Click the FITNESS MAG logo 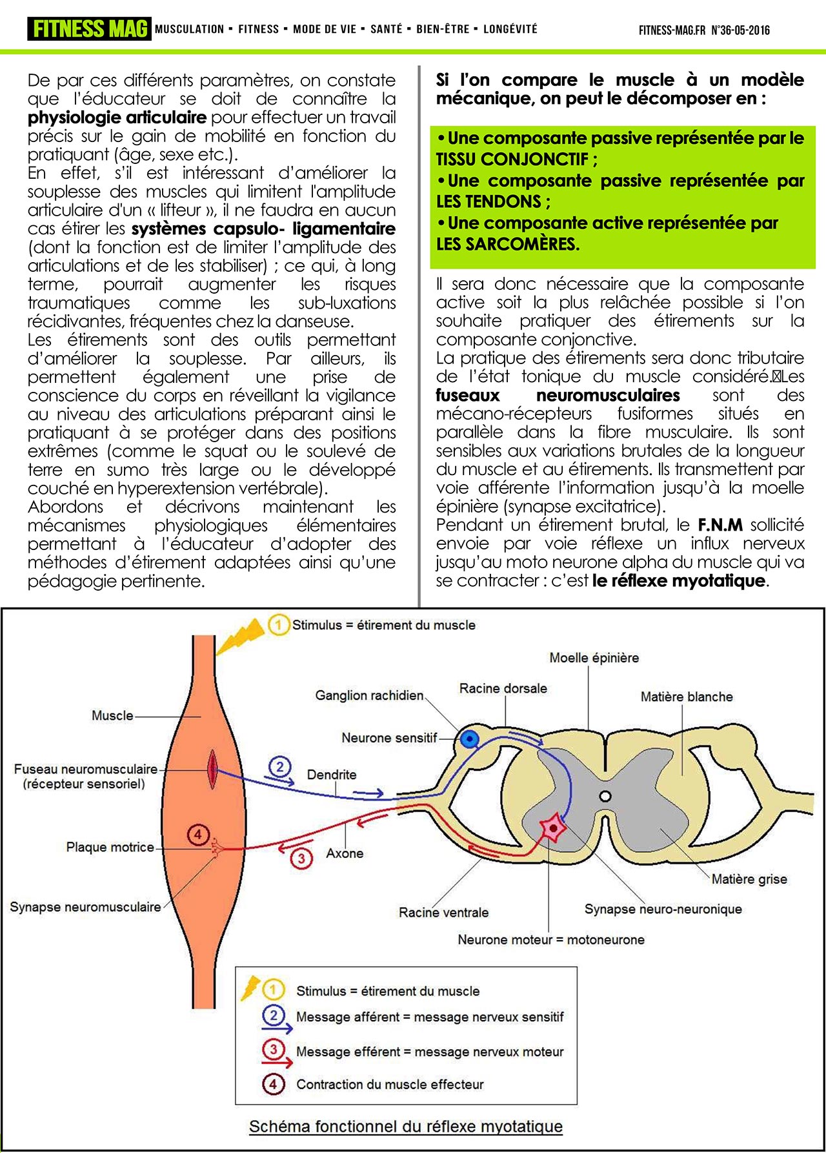pyautogui.click(x=89, y=29)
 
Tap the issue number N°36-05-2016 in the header pyautogui.click(x=740, y=30)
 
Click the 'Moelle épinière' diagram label pyautogui.click(x=594, y=658)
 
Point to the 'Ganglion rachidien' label pyautogui.click(x=369, y=695)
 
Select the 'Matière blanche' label pyautogui.click(x=687, y=697)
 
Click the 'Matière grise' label pyautogui.click(x=749, y=879)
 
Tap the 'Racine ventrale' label pyautogui.click(x=443, y=912)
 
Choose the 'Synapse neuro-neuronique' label pyautogui.click(x=663, y=909)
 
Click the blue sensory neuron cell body pyautogui.click(x=470, y=739)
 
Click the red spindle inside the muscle pyautogui.click(x=212, y=769)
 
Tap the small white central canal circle pyautogui.click(x=605, y=796)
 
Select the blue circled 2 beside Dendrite pyautogui.click(x=279, y=766)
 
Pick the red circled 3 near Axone pyautogui.click(x=301, y=859)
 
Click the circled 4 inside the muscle pyautogui.click(x=197, y=835)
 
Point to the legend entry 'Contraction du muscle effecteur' pyautogui.click(x=390, y=1084)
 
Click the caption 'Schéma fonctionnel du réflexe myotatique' pyautogui.click(x=406, y=1126)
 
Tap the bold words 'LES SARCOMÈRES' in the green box pyautogui.click(x=507, y=244)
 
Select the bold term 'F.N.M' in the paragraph pyautogui.click(x=720, y=525)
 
